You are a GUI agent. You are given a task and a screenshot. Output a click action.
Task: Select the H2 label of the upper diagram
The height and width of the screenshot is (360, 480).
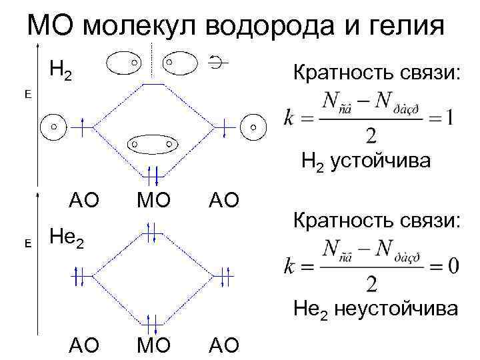(61, 69)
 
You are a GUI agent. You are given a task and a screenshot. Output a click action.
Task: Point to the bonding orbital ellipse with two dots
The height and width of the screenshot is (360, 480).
(152, 143)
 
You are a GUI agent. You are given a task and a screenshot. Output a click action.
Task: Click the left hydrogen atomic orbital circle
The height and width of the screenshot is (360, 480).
(55, 126)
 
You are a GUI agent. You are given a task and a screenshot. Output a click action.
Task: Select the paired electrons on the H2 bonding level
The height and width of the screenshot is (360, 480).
(153, 175)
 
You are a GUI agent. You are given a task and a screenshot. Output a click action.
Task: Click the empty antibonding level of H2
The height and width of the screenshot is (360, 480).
(153, 85)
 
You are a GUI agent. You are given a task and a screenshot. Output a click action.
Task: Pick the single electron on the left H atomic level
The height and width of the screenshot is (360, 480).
(81, 127)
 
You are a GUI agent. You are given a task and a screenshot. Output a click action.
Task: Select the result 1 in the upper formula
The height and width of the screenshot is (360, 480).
(450, 119)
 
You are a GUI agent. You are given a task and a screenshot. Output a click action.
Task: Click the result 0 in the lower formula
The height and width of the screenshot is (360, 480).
(452, 265)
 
